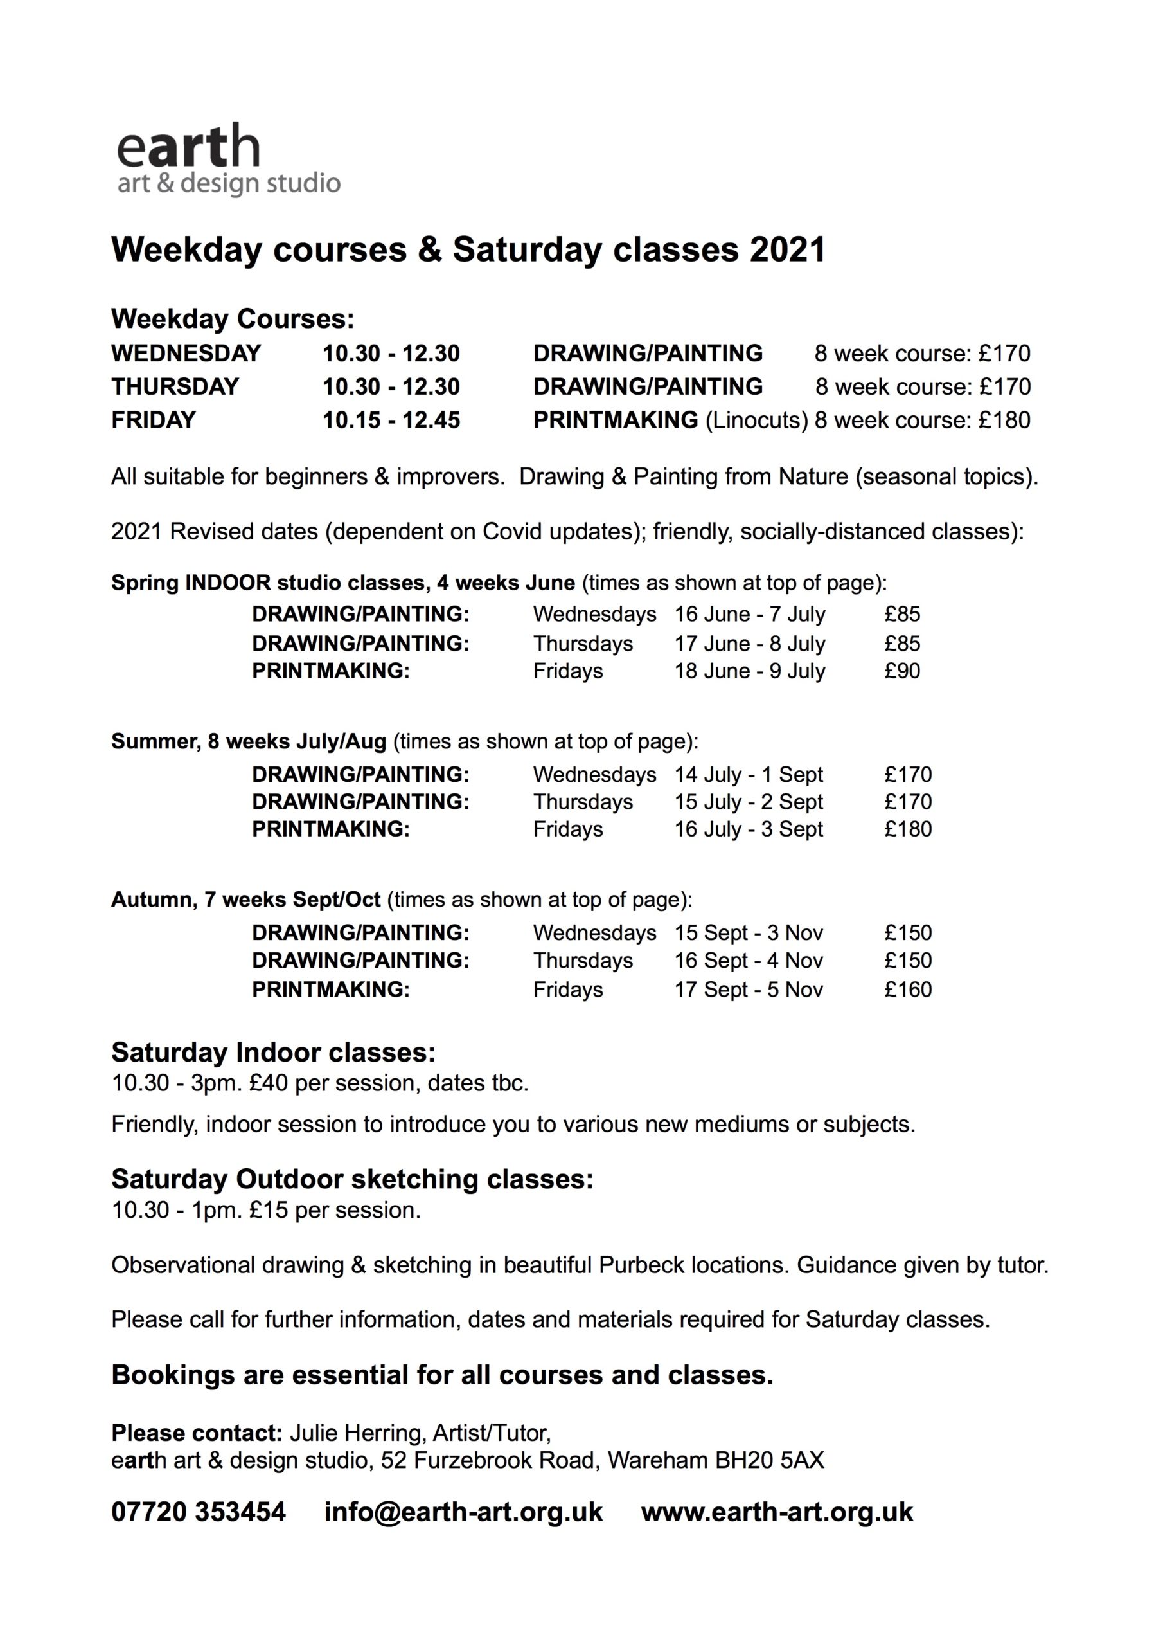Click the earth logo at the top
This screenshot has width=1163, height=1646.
point(228,160)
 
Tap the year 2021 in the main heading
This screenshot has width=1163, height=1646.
point(788,249)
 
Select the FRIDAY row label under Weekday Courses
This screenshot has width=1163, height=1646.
point(154,419)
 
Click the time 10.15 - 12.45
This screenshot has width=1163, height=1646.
point(391,419)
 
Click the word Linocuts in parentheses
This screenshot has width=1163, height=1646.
point(757,419)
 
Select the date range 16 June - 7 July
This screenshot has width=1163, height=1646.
point(750,615)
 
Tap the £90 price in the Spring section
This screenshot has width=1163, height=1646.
point(902,671)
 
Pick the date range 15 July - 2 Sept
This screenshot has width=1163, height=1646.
point(749,802)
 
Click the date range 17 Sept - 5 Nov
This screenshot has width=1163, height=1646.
point(749,990)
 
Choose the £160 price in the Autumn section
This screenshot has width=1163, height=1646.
point(908,990)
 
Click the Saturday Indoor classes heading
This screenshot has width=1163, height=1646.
point(273,1053)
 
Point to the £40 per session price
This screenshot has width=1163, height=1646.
point(271,1083)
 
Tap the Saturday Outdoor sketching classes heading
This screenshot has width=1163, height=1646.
point(353,1179)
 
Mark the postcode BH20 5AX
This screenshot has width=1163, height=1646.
point(769,1460)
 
